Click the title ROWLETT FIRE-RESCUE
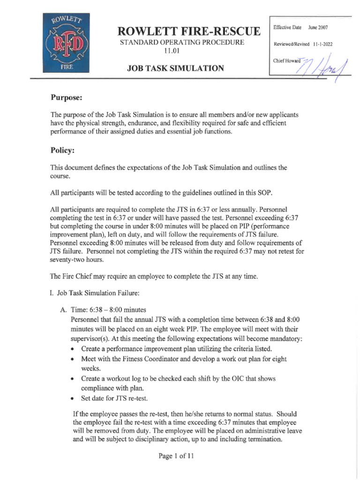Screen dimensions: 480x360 pos(189,31)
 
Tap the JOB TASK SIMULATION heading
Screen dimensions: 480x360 pos(175,68)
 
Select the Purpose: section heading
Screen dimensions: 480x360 pos(67,98)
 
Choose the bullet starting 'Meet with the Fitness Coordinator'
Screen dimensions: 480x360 pos(183,359)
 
